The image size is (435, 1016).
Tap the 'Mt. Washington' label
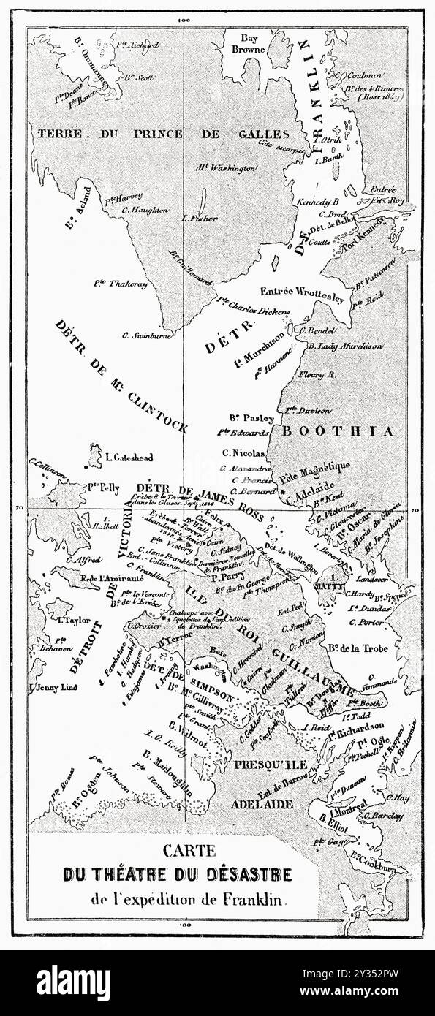coord(225,168)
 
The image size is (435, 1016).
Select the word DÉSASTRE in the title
coord(250,873)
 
